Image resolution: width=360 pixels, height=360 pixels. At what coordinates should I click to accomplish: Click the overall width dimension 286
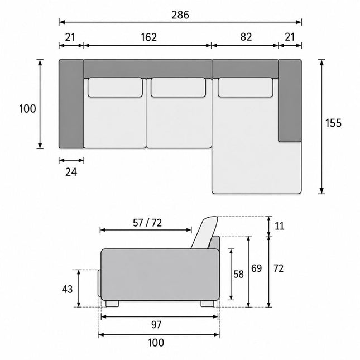180,15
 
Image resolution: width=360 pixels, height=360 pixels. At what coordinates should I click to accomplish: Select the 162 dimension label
149,37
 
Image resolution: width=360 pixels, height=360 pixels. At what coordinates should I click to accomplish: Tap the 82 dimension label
246,37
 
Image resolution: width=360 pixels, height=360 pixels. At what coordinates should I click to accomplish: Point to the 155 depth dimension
333,123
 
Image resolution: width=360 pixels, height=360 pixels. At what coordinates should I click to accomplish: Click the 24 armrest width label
71,172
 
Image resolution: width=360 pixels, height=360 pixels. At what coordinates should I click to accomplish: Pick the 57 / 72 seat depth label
147,223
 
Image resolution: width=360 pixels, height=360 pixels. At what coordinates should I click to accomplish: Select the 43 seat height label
68,289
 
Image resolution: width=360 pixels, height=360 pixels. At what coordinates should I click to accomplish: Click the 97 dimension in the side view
156,325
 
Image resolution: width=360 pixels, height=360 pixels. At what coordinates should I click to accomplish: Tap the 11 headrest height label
280,226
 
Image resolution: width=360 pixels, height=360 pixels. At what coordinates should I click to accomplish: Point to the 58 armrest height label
238,274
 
